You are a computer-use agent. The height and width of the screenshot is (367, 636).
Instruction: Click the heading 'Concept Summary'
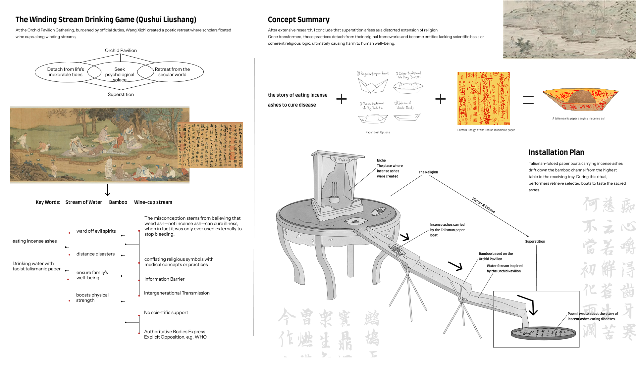298,20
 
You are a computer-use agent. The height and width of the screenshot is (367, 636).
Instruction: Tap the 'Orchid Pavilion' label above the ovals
121,50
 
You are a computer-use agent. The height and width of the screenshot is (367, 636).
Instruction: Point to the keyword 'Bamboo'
118,202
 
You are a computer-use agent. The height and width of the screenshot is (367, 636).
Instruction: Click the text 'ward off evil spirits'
96,231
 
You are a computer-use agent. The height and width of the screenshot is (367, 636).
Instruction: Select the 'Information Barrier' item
164,279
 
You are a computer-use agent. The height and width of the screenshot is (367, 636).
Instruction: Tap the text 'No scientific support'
166,312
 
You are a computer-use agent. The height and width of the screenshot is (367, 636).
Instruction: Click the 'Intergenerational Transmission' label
177,293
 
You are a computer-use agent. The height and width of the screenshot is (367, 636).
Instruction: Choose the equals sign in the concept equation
528,100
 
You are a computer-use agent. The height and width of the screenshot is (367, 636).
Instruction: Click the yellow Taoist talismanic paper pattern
484,98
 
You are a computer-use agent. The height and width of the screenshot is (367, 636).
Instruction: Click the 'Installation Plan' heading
556,152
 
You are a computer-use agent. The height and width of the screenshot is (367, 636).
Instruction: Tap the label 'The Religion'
428,172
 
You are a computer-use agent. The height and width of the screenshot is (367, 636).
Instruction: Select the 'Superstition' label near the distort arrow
535,242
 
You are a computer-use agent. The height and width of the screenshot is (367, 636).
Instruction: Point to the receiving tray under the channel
543,333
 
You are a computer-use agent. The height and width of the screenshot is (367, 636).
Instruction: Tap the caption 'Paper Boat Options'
378,132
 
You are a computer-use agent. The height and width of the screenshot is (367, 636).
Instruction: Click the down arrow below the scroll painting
108,190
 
